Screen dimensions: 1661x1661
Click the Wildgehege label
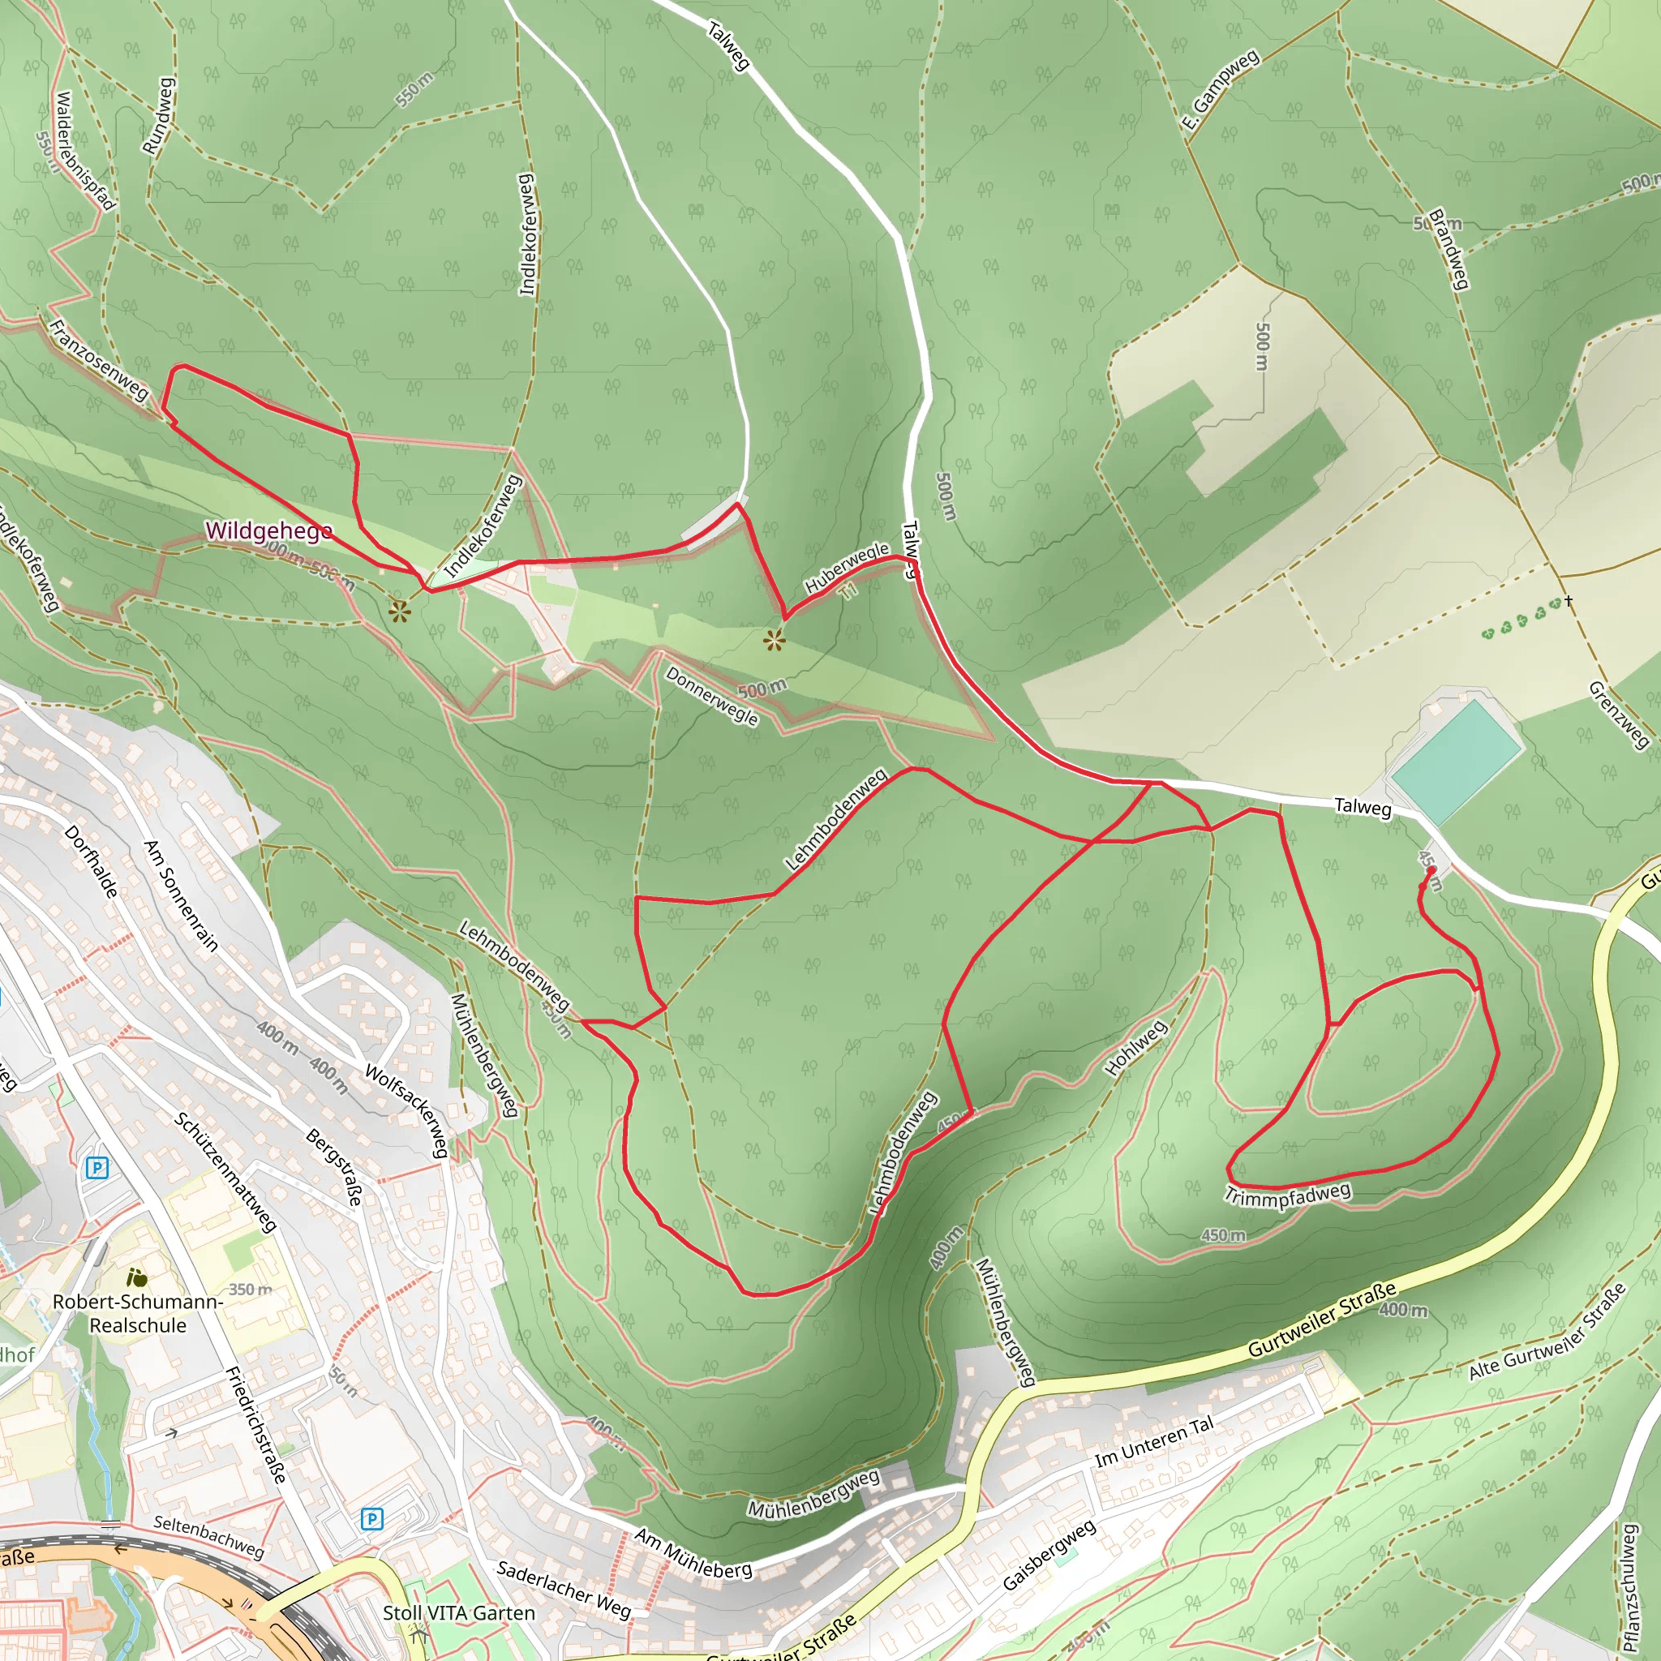[x=268, y=530]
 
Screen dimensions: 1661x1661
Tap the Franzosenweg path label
[x=99, y=359]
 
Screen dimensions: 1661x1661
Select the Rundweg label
[x=158, y=116]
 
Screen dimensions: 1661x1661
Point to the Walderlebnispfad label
[x=84, y=152]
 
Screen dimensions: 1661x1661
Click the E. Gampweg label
[x=1220, y=90]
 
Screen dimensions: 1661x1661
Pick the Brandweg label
[x=1448, y=248]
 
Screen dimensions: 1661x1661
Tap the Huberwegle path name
[x=846, y=567]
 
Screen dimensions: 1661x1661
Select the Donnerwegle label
[x=712, y=697]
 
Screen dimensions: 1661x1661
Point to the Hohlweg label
[x=1135, y=1047]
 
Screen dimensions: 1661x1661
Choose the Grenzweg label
[x=1618, y=715]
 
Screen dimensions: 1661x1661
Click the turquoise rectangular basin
[x=1455, y=761]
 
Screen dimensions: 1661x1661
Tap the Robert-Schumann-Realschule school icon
[x=135, y=1277]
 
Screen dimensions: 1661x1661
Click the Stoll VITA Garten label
[x=458, y=1613]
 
